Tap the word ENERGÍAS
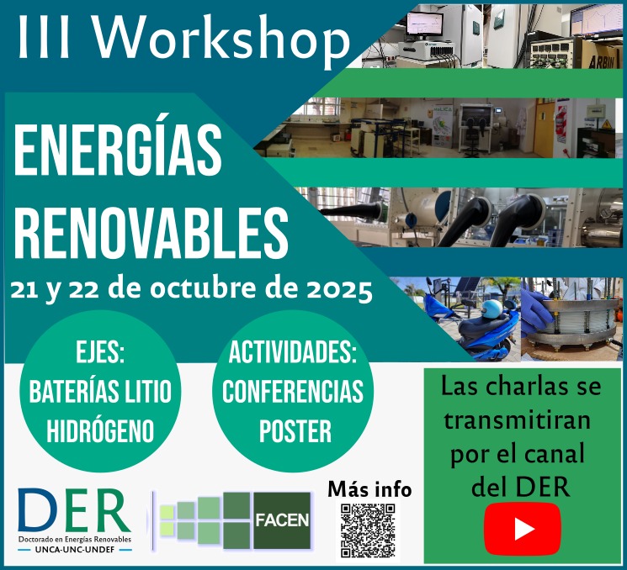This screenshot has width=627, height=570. click(x=118, y=150)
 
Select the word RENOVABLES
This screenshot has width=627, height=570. click(x=151, y=233)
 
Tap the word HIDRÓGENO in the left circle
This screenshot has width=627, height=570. click(x=100, y=431)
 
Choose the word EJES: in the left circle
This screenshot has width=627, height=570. click(x=100, y=351)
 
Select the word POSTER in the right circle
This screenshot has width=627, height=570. click(x=295, y=431)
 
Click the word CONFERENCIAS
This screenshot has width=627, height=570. click(x=293, y=392)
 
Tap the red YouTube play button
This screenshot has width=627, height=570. click(x=523, y=529)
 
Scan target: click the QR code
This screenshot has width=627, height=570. click(x=368, y=530)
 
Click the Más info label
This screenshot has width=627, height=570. click(x=369, y=489)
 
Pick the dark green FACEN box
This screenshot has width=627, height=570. click(x=282, y=520)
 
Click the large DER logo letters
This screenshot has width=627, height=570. click(x=74, y=510)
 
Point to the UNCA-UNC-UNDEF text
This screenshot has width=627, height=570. click(x=75, y=550)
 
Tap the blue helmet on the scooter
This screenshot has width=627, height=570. click(x=492, y=309)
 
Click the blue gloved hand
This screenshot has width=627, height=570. click(x=537, y=312)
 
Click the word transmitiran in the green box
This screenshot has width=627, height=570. click(x=518, y=421)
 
